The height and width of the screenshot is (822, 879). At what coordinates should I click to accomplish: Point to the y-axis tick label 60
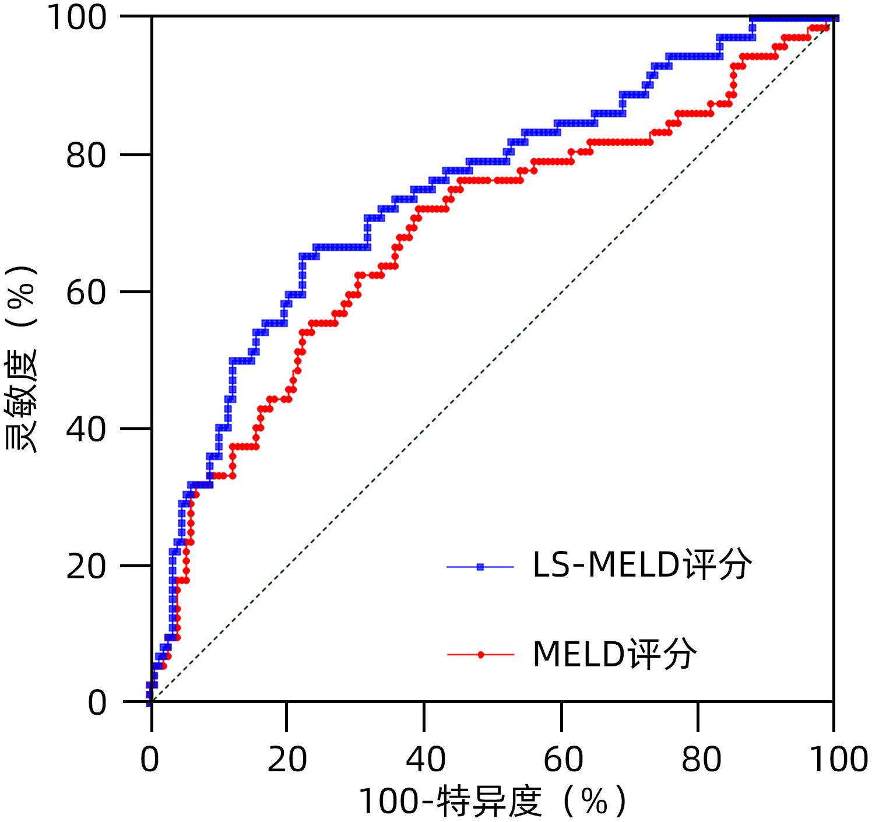pyautogui.click(x=86, y=292)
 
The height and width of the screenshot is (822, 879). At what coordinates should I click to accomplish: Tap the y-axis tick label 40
pyautogui.click(x=86, y=429)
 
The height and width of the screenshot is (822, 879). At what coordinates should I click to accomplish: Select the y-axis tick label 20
pyautogui.click(x=86, y=566)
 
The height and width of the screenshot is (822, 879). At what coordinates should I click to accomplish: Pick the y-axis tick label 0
pyautogui.click(x=97, y=702)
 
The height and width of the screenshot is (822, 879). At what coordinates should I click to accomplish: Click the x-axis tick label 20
pyautogui.click(x=287, y=760)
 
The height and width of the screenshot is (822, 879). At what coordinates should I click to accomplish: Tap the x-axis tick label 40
pyautogui.click(x=425, y=760)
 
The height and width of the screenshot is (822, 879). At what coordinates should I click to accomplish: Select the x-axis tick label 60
pyautogui.click(x=562, y=760)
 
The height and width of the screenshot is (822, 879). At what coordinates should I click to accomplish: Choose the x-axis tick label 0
pyautogui.click(x=150, y=760)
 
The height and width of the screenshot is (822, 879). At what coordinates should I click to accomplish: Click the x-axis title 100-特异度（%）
pyautogui.click(x=493, y=802)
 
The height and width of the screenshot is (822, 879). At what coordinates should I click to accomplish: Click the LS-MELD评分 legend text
pyautogui.click(x=641, y=565)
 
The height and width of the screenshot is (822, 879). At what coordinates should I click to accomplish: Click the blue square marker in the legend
pyautogui.click(x=480, y=567)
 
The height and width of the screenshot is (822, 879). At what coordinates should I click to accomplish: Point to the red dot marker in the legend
pyautogui.click(x=480, y=655)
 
